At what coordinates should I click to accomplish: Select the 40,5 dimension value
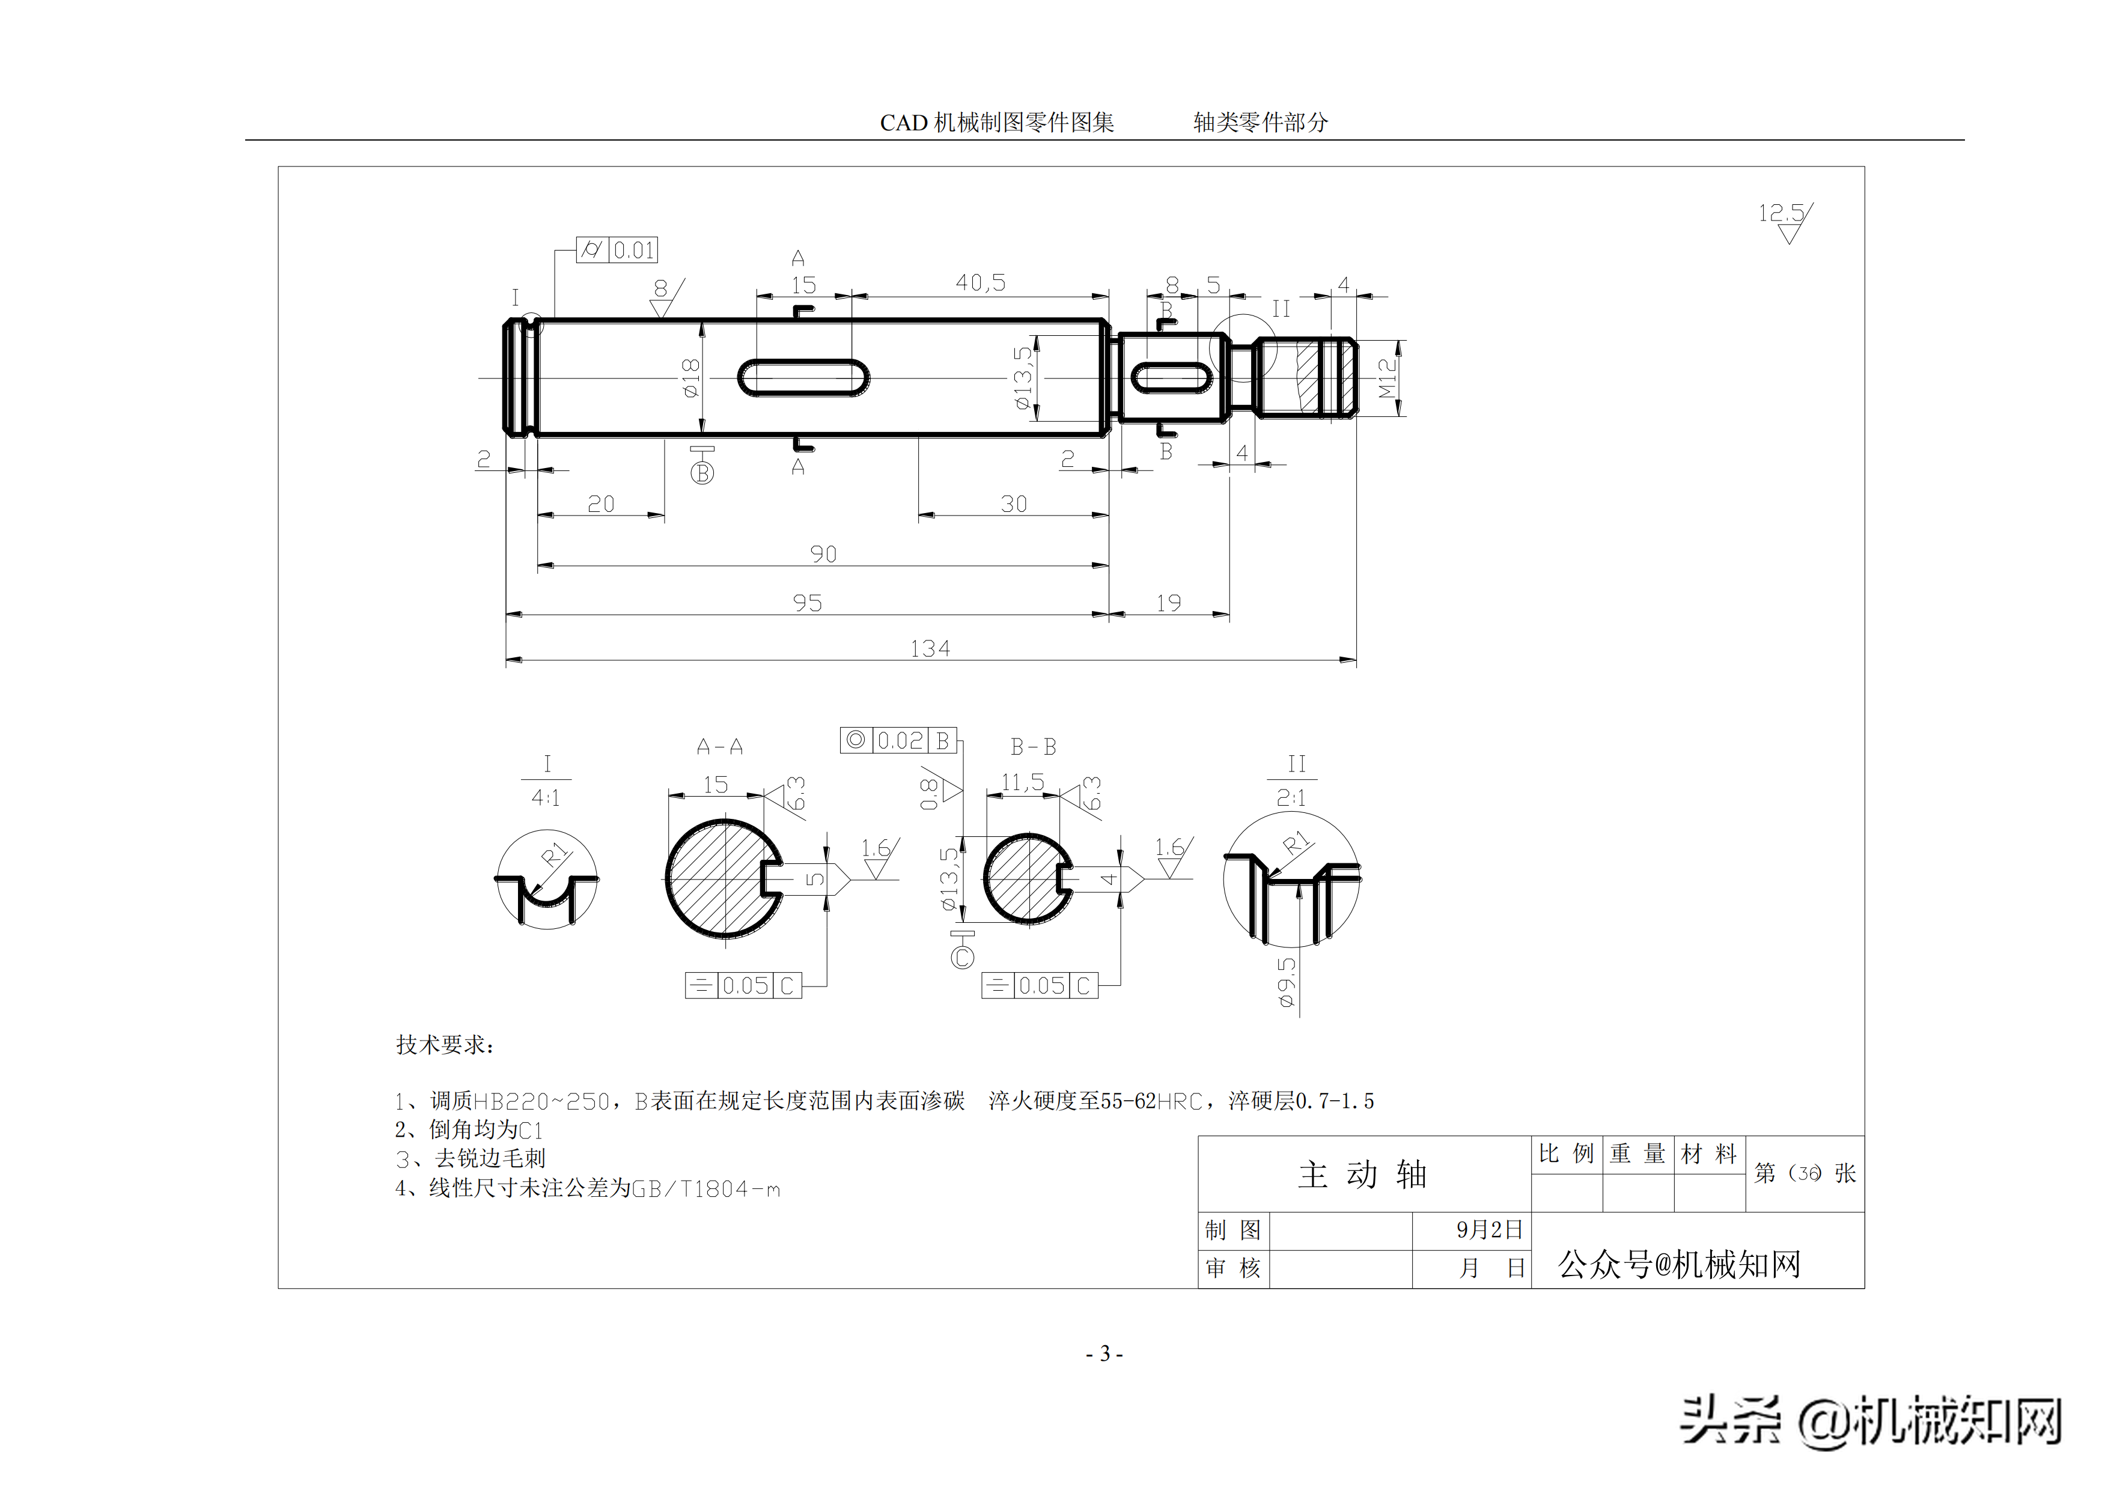(x=981, y=283)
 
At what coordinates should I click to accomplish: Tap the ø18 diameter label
(x=691, y=377)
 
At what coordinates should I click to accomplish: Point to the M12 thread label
(x=1388, y=377)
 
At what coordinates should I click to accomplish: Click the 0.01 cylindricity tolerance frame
(x=617, y=250)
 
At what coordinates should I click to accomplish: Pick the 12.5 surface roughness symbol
(x=1785, y=221)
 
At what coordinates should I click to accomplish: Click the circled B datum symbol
(x=702, y=472)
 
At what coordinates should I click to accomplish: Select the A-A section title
(x=720, y=746)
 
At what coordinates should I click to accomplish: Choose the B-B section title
(x=1034, y=746)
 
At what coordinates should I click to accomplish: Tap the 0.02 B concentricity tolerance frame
(x=899, y=740)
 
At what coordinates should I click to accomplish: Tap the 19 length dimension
(x=1169, y=603)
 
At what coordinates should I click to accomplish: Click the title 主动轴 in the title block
(x=1362, y=1174)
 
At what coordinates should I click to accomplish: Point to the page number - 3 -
(x=1104, y=1353)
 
